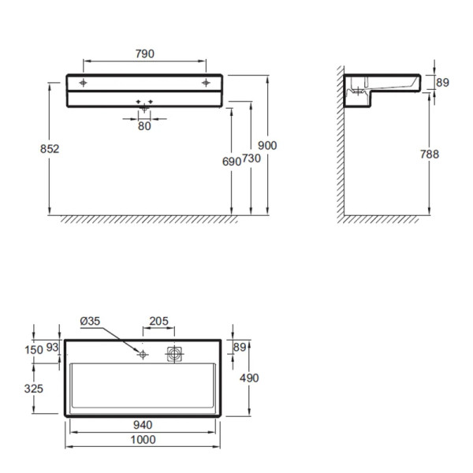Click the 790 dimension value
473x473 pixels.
(x=144, y=54)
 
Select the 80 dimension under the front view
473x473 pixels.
(x=144, y=125)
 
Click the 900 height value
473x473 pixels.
(x=268, y=145)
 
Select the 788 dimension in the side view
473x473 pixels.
(x=430, y=155)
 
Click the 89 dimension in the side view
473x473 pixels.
(x=442, y=82)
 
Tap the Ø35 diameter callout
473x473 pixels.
(x=91, y=321)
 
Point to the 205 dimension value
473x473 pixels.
(x=158, y=321)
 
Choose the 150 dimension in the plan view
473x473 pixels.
(x=33, y=349)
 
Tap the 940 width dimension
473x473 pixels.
(x=143, y=424)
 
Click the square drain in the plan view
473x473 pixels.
(x=173, y=355)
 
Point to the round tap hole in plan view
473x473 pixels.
(x=143, y=355)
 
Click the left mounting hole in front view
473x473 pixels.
(x=83, y=82)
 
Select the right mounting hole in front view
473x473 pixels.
(x=206, y=82)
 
